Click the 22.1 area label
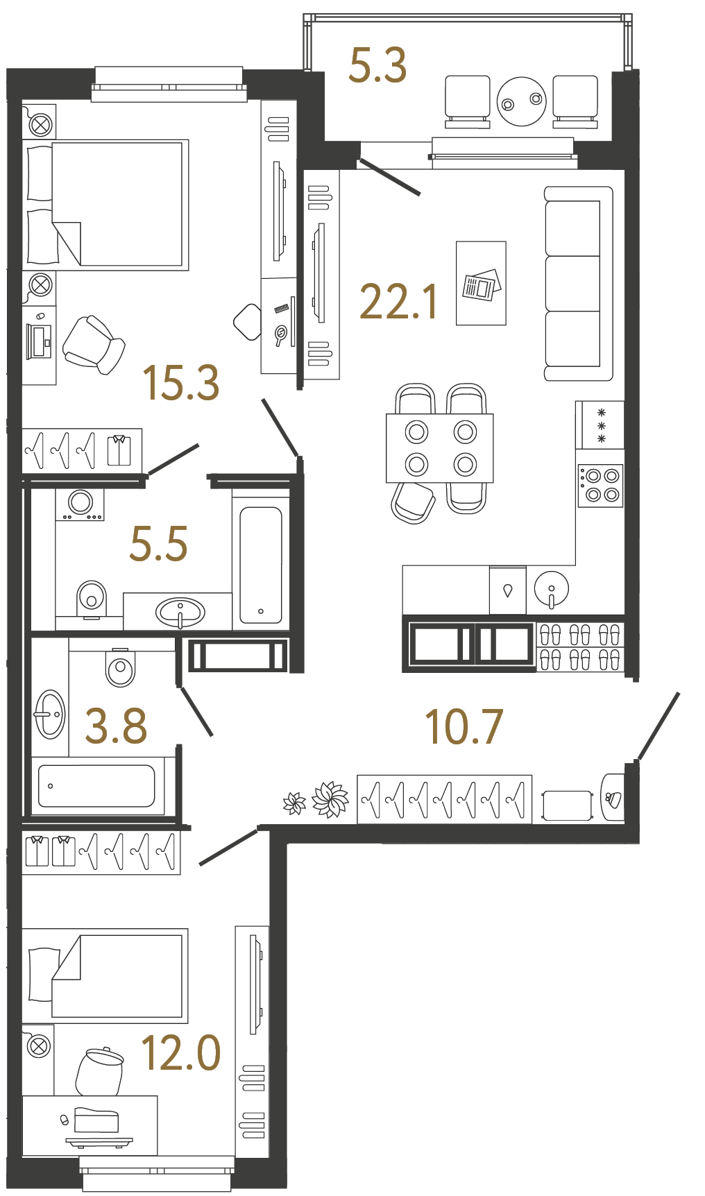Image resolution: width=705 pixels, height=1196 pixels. point(399,302)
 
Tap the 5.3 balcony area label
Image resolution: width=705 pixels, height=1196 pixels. point(377,65)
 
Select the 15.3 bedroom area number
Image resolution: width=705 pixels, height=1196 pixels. point(180,383)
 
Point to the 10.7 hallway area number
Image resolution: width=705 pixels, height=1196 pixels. point(463,727)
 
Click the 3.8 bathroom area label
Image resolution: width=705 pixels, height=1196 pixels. point(116,726)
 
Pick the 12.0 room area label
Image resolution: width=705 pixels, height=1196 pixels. point(180,1052)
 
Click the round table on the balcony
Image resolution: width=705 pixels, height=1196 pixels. point(521,101)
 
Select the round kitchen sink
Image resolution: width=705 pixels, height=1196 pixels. point(551,588)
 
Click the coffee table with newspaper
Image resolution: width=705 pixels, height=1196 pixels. point(480,283)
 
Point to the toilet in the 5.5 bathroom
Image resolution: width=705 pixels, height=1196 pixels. point(91,597)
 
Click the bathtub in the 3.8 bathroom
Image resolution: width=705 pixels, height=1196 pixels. point(96,785)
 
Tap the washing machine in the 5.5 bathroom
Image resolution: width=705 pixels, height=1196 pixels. point(80,504)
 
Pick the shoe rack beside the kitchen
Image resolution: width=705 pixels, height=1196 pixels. point(580,647)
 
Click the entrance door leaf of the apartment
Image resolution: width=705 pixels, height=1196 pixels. point(658,726)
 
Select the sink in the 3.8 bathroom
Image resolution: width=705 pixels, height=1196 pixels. point(49,714)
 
